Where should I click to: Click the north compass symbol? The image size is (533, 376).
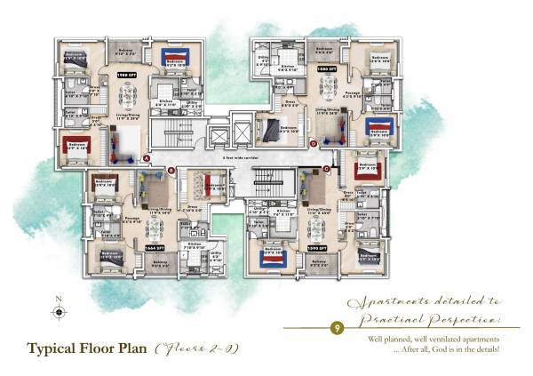click(x=60, y=311)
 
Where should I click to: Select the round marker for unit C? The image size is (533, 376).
click(x=326, y=168)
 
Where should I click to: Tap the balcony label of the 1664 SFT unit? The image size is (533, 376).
click(x=160, y=263)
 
